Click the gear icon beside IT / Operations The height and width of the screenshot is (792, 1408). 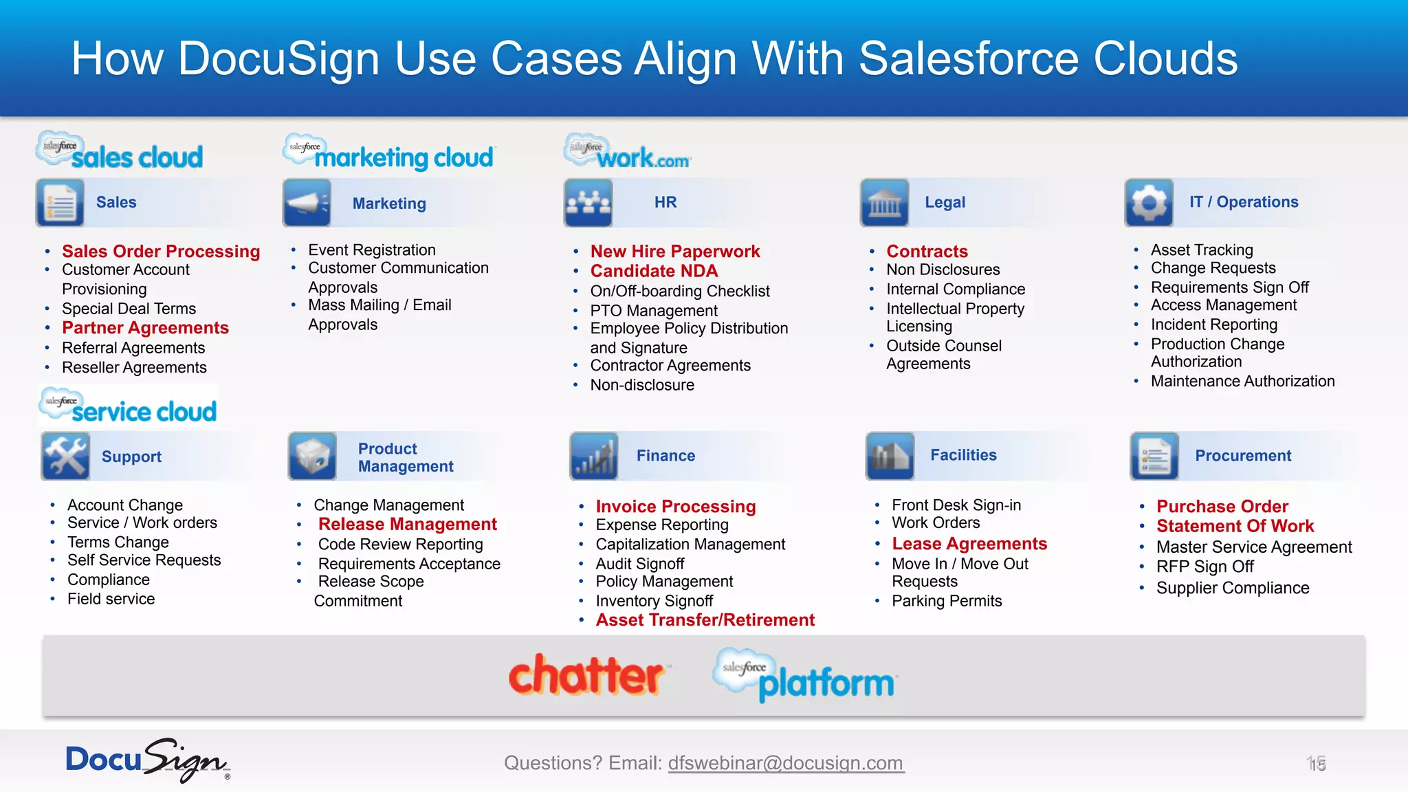click(1149, 203)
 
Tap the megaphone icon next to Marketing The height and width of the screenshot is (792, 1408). click(307, 203)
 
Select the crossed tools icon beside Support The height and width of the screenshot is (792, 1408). click(65, 456)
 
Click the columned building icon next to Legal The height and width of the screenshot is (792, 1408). click(884, 203)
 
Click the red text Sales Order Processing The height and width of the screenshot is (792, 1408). click(161, 252)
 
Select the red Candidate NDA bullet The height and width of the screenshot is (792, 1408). click(654, 272)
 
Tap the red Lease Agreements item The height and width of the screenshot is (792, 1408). click(969, 544)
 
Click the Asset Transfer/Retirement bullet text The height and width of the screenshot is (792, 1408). click(705, 620)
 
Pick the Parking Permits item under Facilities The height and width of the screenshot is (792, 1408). click(947, 601)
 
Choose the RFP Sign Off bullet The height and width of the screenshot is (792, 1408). click(1204, 567)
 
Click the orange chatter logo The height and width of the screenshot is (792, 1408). click(586, 676)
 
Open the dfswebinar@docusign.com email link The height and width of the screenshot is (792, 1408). click(786, 763)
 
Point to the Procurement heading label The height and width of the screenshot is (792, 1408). click(1243, 456)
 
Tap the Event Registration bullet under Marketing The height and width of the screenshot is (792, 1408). click(371, 250)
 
